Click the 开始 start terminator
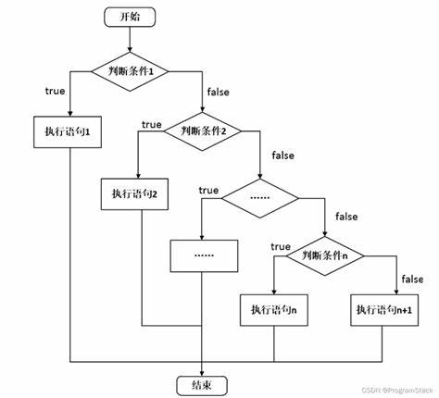pos(130,17)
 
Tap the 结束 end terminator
pos(202,385)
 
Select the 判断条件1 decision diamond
pos(130,71)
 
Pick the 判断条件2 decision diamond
pos(203,131)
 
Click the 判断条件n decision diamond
pos(325,255)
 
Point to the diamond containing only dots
pos(260,198)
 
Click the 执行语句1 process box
pos(68,132)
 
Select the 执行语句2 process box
pos(134,194)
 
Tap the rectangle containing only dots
pos(204,255)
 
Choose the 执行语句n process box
pos(274,310)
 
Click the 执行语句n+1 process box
pos(384,310)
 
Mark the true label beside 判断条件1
pos(55,91)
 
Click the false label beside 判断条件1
pos(219,92)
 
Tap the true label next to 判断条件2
pos(152,125)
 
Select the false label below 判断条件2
pos(282,155)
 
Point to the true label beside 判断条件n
pos(281,246)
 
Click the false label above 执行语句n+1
pos(412,280)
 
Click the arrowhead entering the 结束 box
pos(202,373)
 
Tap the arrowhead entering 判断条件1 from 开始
pos(130,49)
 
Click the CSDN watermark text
pos(397,391)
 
